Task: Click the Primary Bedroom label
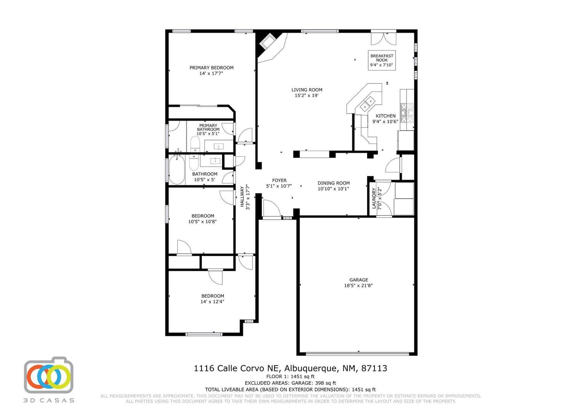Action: [211, 68]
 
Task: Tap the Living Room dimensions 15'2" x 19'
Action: [306, 96]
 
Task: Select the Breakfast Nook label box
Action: [382, 60]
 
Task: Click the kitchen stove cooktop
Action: [407, 113]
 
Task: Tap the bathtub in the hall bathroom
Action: [177, 170]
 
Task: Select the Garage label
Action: [358, 280]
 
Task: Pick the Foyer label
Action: [279, 180]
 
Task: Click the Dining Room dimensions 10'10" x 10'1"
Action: [333, 189]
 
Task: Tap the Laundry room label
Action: [374, 198]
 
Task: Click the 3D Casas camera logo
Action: [49, 375]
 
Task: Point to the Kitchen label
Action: [386, 116]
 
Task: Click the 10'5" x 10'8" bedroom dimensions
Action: [202, 221]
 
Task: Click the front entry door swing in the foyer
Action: [272, 208]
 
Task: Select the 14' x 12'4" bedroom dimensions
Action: [212, 301]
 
